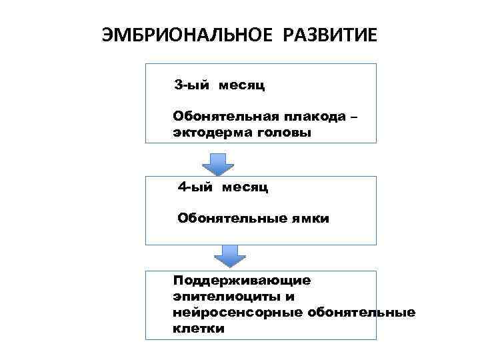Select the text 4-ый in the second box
click(x=193, y=187)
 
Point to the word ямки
click(x=308, y=218)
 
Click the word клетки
click(x=198, y=329)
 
